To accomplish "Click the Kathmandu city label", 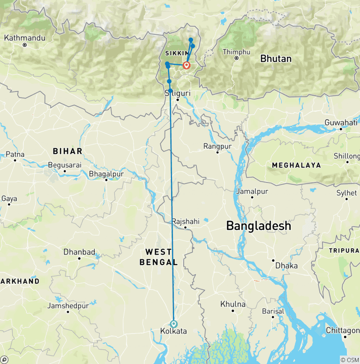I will tap(25, 38).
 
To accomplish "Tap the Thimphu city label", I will tap(236, 52).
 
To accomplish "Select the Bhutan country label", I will tap(276, 59).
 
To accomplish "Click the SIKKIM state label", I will tap(176, 53).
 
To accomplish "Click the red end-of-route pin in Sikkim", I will tap(186, 66).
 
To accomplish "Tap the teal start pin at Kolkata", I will tap(174, 324).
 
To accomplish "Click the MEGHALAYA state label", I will tap(296, 165).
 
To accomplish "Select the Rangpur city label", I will tap(217, 146).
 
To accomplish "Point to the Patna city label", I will tap(15, 154).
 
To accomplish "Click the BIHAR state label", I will tap(67, 151).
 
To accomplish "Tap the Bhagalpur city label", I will tap(106, 174).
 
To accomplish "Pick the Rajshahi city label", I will tap(186, 221).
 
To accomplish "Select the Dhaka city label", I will tap(286, 265).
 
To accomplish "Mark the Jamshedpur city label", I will tap(68, 306).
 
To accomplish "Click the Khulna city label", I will tap(232, 304).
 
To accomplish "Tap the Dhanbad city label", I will tap(79, 252).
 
